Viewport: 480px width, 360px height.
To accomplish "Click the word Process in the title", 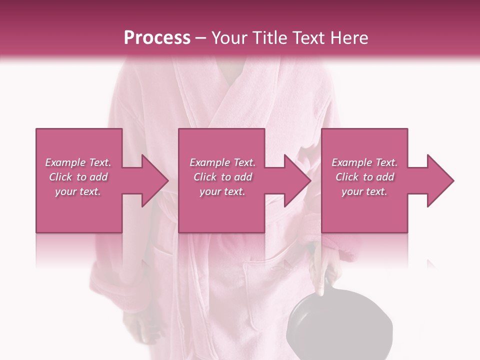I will click(x=157, y=38).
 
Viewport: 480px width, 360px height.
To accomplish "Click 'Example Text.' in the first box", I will click(x=78, y=162).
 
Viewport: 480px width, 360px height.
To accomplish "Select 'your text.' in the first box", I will click(x=78, y=191).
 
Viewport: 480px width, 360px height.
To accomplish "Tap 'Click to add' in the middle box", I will click(x=222, y=177).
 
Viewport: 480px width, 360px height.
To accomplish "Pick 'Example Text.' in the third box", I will click(x=364, y=162).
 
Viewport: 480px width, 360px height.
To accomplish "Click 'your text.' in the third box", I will click(x=364, y=191).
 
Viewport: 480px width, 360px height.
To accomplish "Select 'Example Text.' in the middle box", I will click(x=222, y=162).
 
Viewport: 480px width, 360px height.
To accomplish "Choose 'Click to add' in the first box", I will click(x=78, y=177).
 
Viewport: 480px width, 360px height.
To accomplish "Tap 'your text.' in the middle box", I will click(x=222, y=191).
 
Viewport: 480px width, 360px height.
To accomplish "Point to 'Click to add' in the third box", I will click(x=364, y=177).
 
